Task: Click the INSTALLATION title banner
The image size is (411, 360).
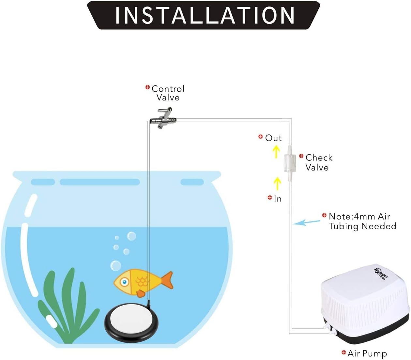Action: (203, 15)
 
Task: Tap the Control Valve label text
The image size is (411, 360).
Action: (168, 93)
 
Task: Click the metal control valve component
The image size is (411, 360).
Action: (163, 118)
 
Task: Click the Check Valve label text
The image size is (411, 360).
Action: (319, 162)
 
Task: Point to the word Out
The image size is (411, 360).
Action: (273, 138)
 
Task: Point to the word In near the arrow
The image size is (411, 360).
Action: (278, 199)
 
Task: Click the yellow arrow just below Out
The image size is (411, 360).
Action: (276, 152)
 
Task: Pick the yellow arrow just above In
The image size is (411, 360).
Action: (277, 184)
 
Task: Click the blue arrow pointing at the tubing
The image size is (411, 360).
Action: (307, 222)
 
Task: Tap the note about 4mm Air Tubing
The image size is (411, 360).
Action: (362, 221)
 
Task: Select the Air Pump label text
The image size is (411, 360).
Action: (367, 353)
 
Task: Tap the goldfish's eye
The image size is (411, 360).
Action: (124, 282)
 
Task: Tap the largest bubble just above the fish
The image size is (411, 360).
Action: (115, 265)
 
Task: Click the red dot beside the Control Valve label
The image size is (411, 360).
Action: (147, 87)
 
